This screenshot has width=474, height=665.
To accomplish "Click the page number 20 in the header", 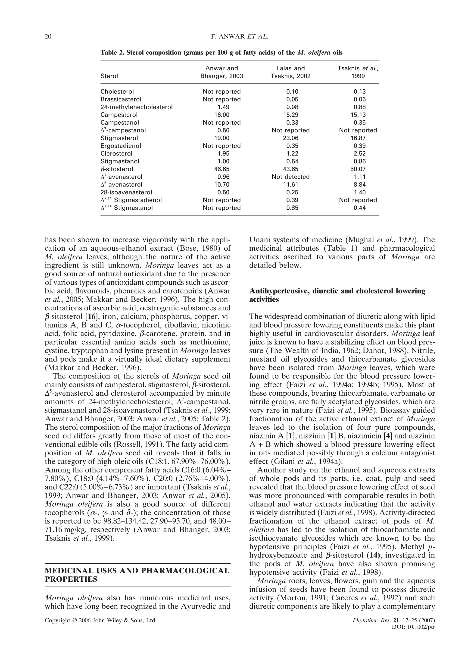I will coord(48,37).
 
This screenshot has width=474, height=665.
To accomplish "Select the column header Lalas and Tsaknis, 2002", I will coord(290,72).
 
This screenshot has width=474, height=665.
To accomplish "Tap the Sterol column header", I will coord(109,76).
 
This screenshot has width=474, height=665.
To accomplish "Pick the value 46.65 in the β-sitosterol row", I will coord(221,169).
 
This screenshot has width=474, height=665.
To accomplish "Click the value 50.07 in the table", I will coord(358,169).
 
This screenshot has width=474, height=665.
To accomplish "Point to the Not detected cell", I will coord(290,177).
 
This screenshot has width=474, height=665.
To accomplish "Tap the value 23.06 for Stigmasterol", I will coord(290,138).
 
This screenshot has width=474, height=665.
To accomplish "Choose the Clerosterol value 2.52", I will coord(358,154).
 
